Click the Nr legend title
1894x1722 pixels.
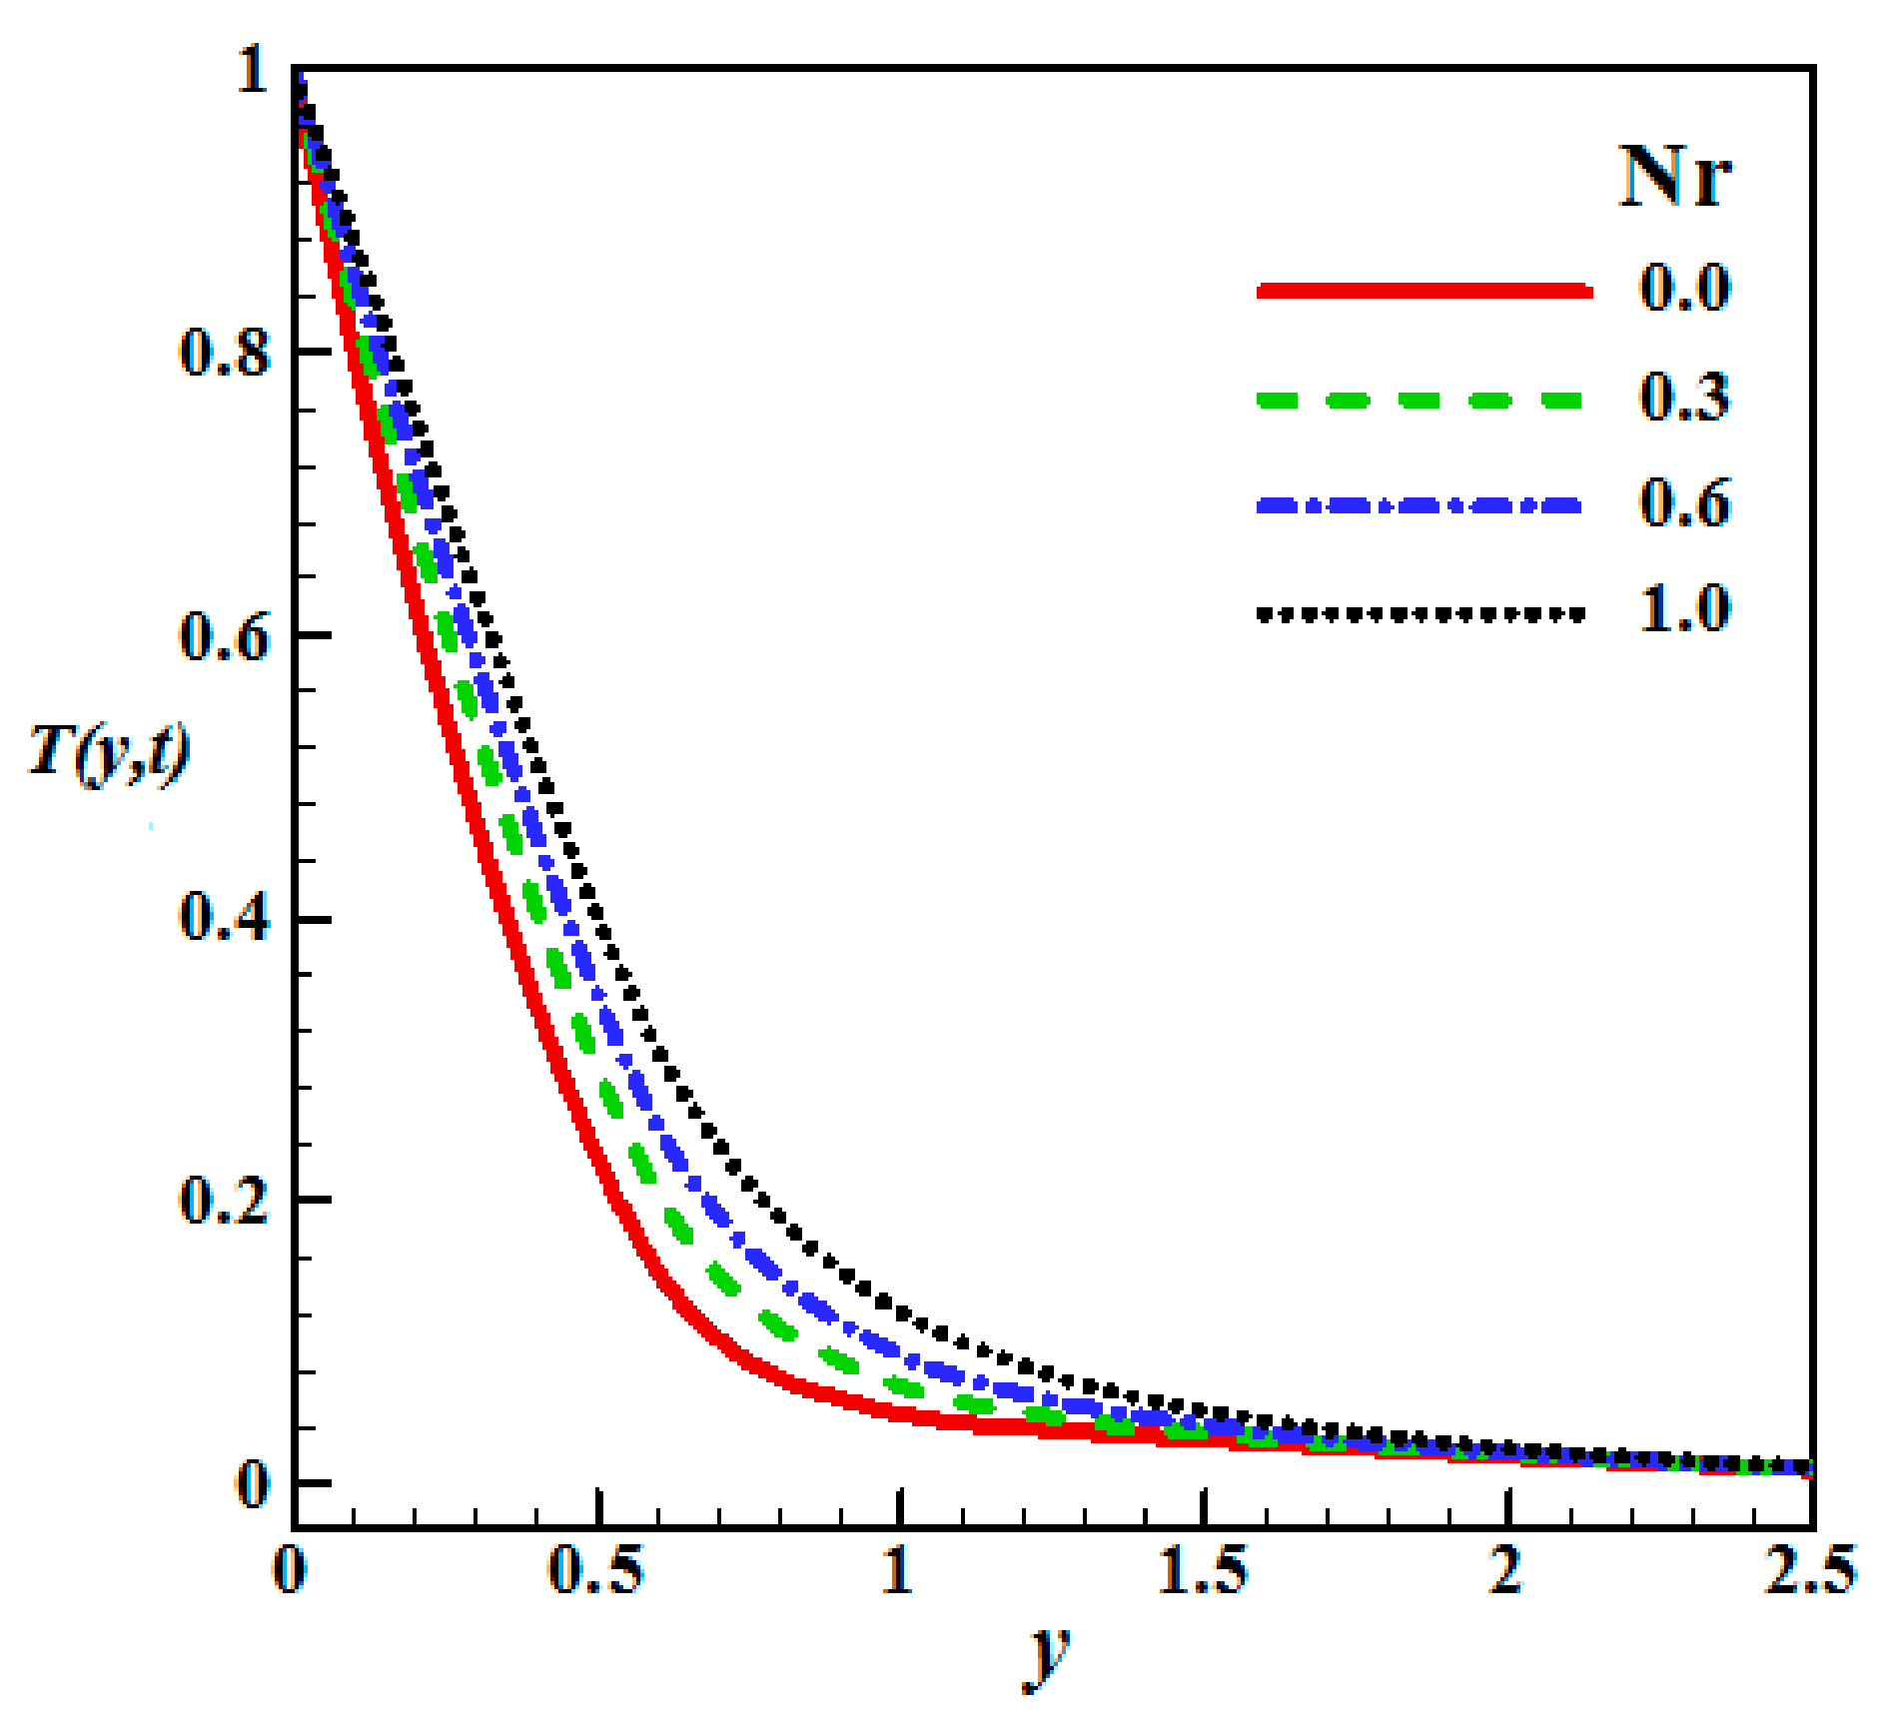click(1674, 177)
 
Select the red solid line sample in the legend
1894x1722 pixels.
click(1422, 291)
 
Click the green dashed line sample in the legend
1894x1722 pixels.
click(1419, 401)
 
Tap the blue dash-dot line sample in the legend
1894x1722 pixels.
click(1419, 506)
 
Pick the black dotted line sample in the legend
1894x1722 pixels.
click(1419, 613)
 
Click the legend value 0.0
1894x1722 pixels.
click(1684, 287)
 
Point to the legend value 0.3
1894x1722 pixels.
click(1684, 396)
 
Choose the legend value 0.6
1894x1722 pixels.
click(1684, 502)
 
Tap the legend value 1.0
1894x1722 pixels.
click(1684, 608)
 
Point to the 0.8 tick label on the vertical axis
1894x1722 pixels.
click(224, 352)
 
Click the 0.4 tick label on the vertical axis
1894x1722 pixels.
click(224, 917)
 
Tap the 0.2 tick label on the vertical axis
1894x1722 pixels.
click(224, 1200)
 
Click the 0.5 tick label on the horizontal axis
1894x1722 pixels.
click(596, 1570)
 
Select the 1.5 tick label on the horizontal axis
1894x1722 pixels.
click(1204, 1570)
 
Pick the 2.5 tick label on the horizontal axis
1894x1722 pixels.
click(1809, 1570)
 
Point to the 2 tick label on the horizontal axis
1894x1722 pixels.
click(1505, 1570)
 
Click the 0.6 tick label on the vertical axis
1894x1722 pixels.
click(224, 636)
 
